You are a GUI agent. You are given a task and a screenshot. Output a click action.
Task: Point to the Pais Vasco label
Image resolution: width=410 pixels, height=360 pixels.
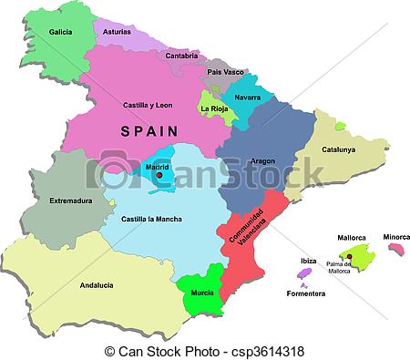click(x=225, y=71)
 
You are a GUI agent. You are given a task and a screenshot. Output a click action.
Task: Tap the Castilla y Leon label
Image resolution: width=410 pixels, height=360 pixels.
click(x=149, y=105)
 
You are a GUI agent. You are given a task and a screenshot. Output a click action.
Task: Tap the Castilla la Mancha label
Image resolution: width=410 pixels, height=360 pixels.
click(x=150, y=220)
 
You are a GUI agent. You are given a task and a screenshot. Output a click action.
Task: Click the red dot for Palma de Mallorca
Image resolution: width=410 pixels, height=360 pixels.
click(x=350, y=256)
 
